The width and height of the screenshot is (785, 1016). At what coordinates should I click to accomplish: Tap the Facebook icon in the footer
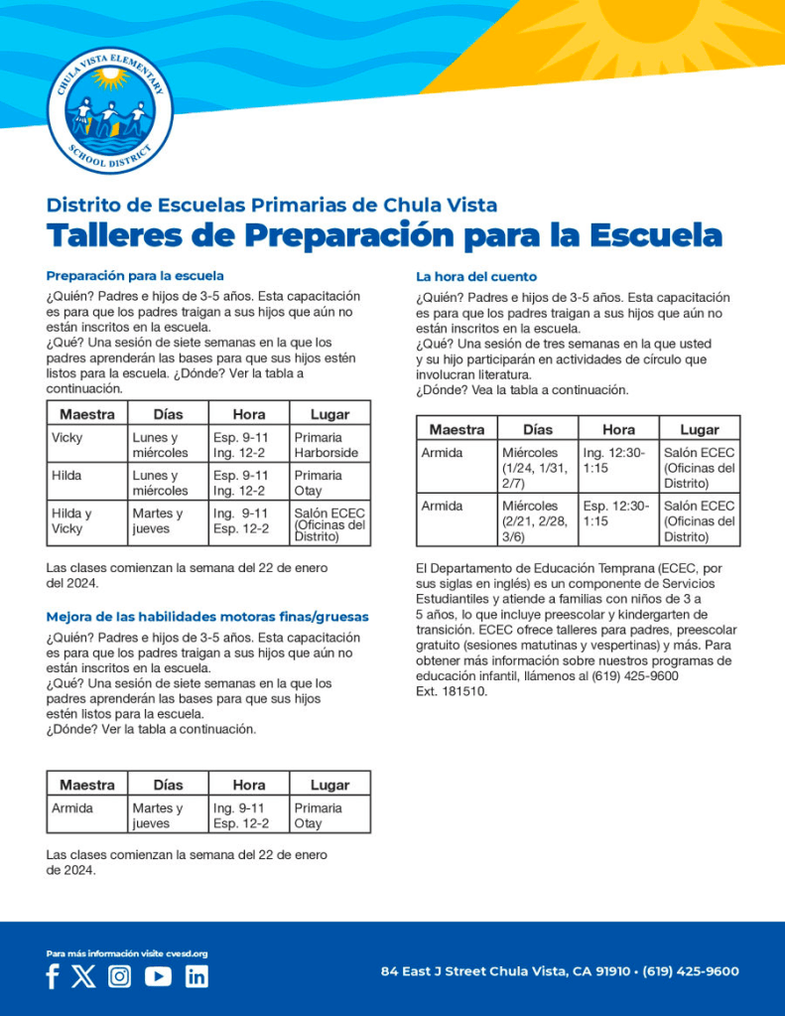pyautogui.click(x=53, y=976)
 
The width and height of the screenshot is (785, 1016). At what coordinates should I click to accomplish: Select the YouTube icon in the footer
pyautogui.click(x=158, y=976)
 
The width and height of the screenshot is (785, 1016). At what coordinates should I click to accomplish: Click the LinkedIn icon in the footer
pyautogui.click(x=196, y=976)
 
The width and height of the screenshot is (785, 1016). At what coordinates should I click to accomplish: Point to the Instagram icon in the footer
pyautogui.click(x=120, y=976)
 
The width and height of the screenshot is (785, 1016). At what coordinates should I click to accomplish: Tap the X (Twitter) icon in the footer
pyautogui.click(x=83, y=976)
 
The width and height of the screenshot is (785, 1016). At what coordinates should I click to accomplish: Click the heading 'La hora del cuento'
pyautogui.click(x=476, y=276)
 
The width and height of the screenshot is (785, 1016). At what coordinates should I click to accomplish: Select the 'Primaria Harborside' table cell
pyautogui.click(x=329, y=444)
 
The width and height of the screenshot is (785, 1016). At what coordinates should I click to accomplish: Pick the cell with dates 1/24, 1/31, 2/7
pyautogui.click(x=537, y=467)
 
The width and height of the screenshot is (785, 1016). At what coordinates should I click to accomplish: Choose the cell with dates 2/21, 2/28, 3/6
pyautogui.click(x=537, y=520)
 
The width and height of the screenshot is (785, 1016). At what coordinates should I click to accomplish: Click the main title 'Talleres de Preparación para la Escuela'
pyautogui.click(x=384, y=236)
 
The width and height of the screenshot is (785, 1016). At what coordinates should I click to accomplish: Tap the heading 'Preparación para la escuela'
pyautogui.click(x=135, y=275)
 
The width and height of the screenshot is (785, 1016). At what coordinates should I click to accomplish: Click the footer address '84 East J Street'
pyautogui.click(x=560, y=971)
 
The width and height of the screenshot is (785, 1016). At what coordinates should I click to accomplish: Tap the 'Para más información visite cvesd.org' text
pyautogui.click(x=126, y=953)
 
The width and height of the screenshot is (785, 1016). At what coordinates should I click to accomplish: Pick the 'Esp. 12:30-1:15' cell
pyautogui.click(x=618, y=512)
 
